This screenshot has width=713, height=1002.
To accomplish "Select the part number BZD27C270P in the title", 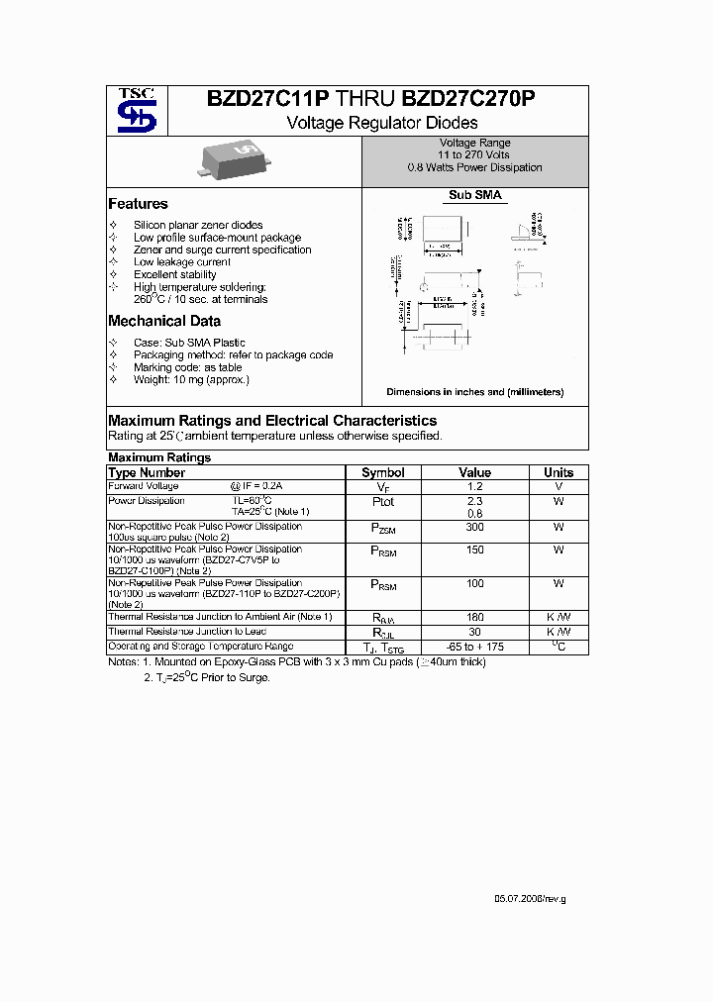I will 468,99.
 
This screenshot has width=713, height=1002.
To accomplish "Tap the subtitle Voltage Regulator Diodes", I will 381,123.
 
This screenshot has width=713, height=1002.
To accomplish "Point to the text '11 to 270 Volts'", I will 474,155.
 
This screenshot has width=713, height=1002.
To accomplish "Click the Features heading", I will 138,204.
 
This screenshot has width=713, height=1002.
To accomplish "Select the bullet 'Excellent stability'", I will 174,274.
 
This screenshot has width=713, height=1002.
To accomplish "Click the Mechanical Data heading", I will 164,321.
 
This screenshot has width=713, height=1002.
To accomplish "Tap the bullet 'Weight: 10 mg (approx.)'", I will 191,379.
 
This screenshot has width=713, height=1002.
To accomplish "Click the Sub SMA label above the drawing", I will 475,196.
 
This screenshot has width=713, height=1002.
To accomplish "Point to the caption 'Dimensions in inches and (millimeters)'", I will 474,392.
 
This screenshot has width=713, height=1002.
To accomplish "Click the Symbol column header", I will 383,472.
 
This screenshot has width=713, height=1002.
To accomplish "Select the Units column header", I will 559,472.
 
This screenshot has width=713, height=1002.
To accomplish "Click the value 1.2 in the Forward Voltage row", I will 475,486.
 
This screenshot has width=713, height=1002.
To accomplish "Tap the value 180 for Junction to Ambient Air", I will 475,617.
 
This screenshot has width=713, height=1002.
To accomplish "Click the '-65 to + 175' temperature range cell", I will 475,647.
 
